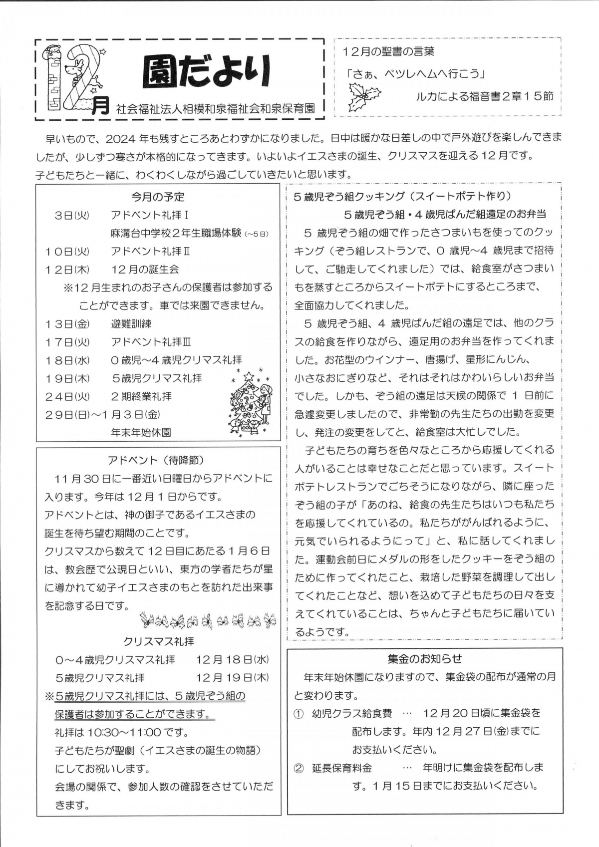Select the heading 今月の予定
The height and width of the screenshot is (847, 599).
click(158, 197)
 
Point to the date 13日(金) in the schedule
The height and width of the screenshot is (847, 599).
click(67, 324)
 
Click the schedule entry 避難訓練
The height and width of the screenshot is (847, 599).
click(131, 324)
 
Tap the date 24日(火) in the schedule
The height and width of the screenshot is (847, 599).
click(67, 396)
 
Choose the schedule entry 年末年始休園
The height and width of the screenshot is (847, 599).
click(141, 432)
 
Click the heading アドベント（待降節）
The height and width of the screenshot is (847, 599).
click(156, 460)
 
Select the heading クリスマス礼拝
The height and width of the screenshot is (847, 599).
click(159, 641)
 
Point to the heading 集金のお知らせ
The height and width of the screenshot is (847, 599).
click(424, 659)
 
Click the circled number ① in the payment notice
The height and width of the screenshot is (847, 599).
click(299, 714)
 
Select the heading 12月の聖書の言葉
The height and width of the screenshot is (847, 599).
click(388, 51)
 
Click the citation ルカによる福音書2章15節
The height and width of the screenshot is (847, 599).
click(485, 96)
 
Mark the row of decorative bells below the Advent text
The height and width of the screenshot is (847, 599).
click(208, 620)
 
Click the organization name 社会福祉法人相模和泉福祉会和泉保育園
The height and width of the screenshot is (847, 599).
click(216, 108)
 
